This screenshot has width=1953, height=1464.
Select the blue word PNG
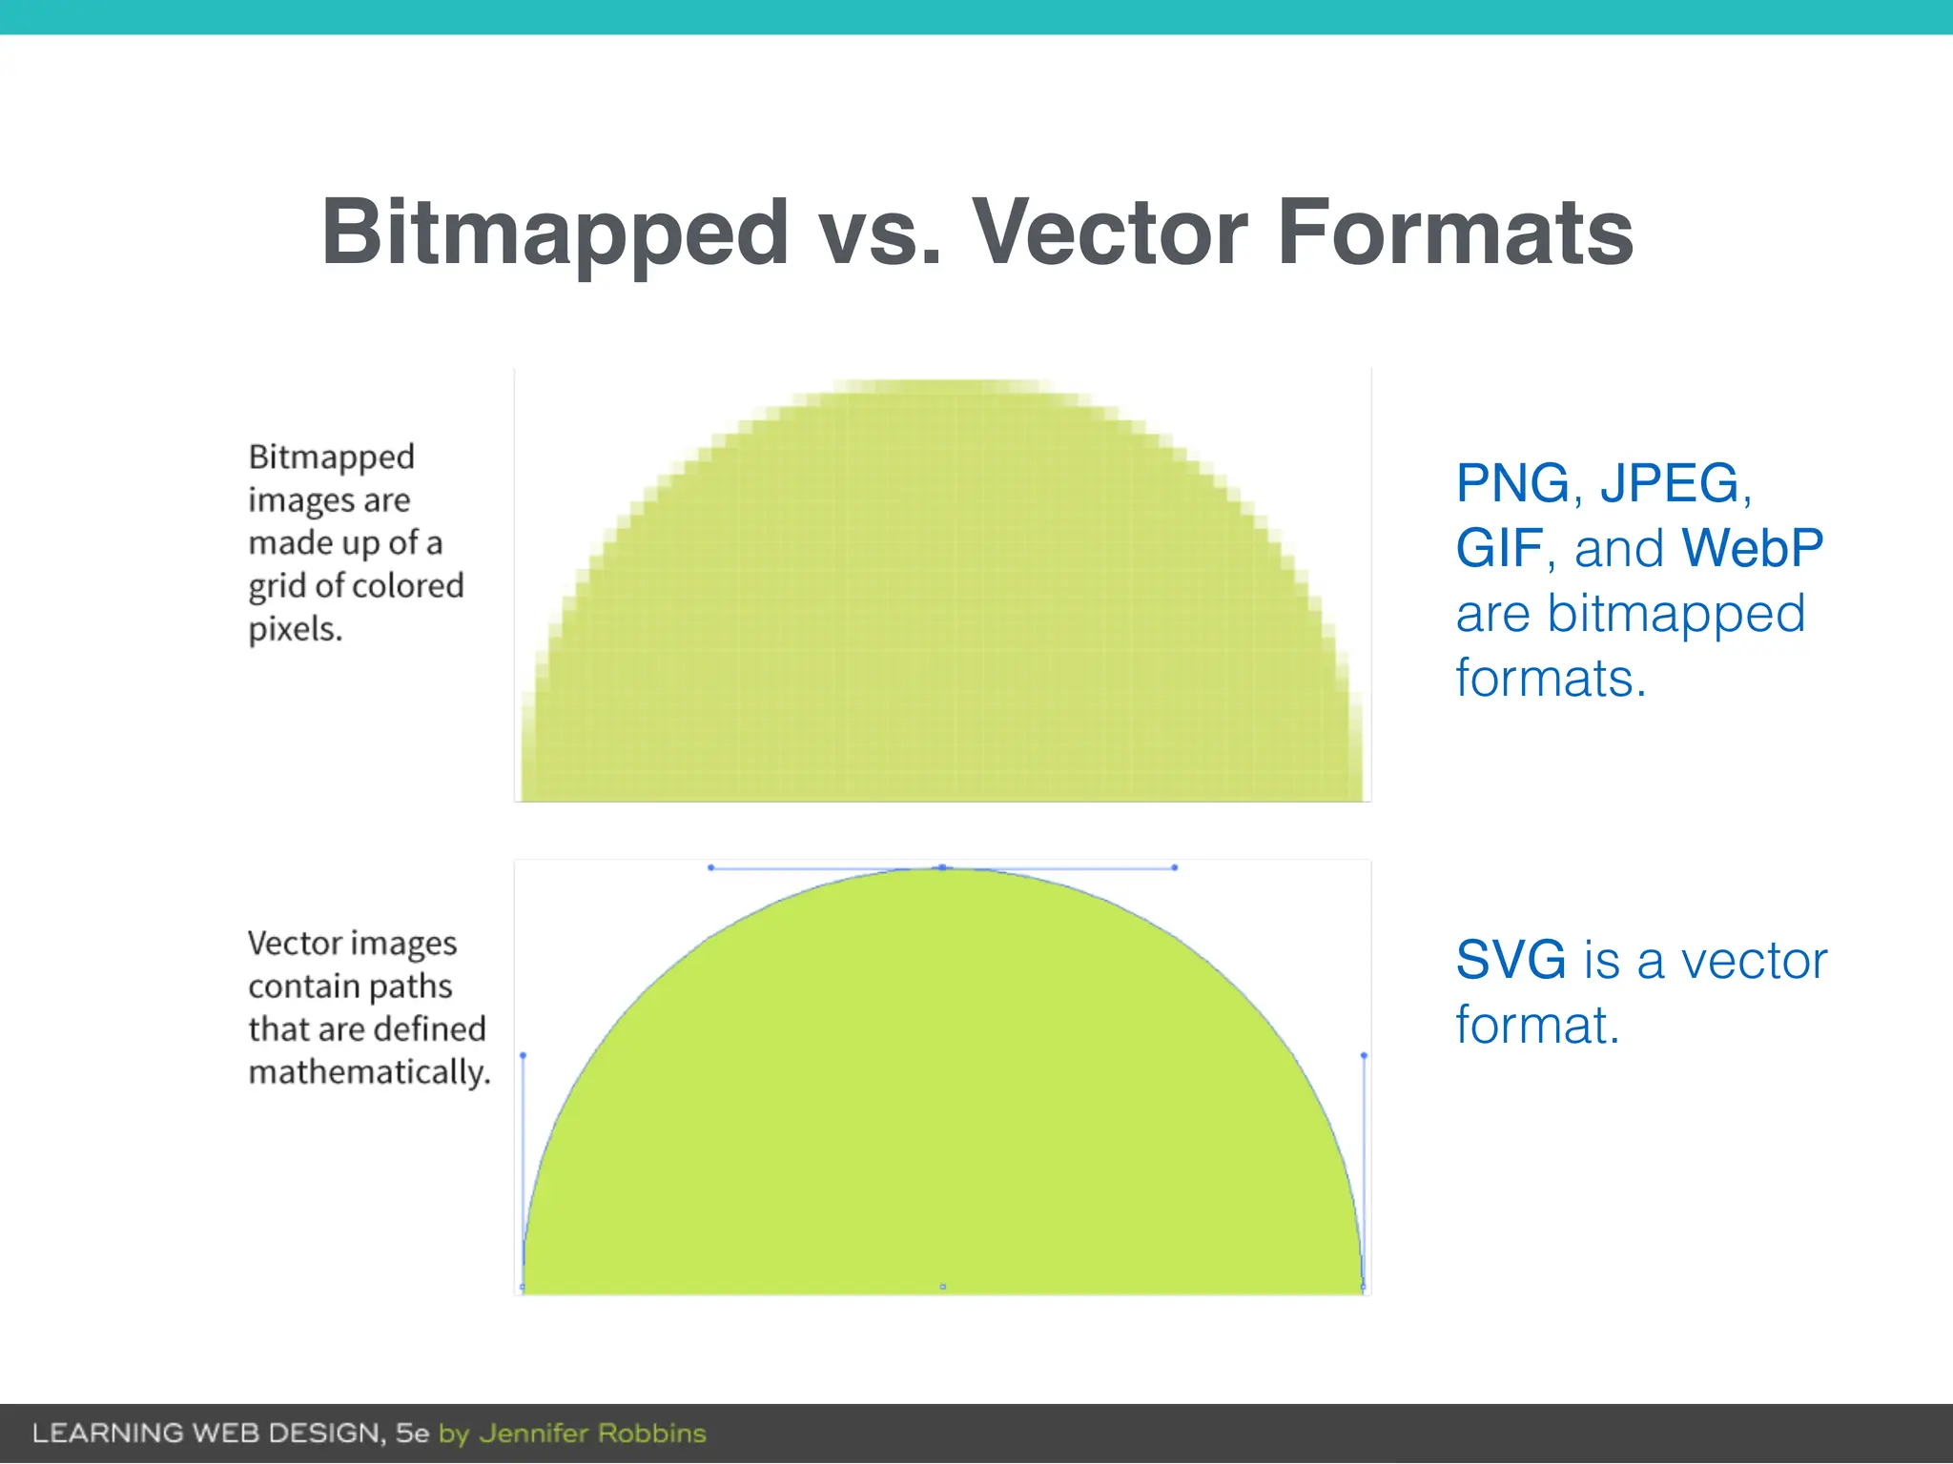click(1512, 483)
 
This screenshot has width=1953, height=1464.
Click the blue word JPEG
click(1670, 483)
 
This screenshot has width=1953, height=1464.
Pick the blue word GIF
click(1499, 548)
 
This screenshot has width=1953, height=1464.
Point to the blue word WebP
click(1752, 548)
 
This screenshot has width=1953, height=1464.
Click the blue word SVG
click(1511, 960)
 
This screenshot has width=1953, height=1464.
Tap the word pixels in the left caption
click(294, 629)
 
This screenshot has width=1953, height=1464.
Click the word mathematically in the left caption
click(368, 1072)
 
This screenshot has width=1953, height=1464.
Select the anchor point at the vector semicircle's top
click(942, 867)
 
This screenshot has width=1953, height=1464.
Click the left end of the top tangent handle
click(710, 867)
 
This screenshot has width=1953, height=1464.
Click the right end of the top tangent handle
click(1175, 867)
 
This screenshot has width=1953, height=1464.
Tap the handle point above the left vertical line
click(523, 1055)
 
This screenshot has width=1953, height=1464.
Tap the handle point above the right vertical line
click(1364, 1055)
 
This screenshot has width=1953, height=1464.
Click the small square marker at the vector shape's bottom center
click(943, 1287)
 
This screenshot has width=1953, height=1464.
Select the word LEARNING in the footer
click(108, 1433)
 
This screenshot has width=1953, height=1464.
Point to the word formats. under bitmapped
click(1551, 679)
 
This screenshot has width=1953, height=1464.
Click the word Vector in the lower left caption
click(293, 944)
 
